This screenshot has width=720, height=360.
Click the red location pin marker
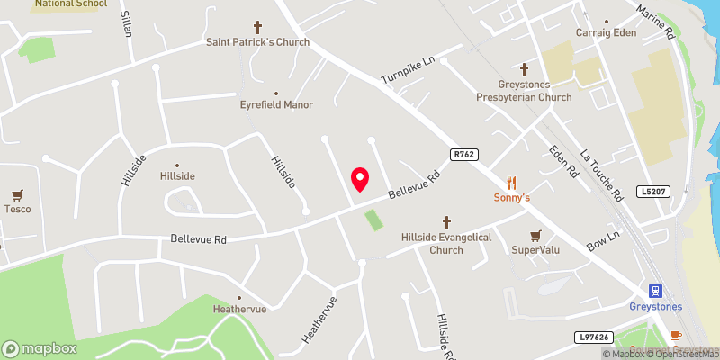[360, 179]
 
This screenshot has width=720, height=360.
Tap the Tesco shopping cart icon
[16, 194]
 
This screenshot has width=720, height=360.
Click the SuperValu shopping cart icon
[536, 235]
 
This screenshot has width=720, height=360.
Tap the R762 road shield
[463, 154]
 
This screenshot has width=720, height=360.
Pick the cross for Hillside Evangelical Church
[446, 222]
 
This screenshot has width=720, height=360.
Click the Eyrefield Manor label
[276, 104]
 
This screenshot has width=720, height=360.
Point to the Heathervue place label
[239, 309]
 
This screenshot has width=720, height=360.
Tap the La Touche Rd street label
[603, 175]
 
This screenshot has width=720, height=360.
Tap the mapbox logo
[39, 348]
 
